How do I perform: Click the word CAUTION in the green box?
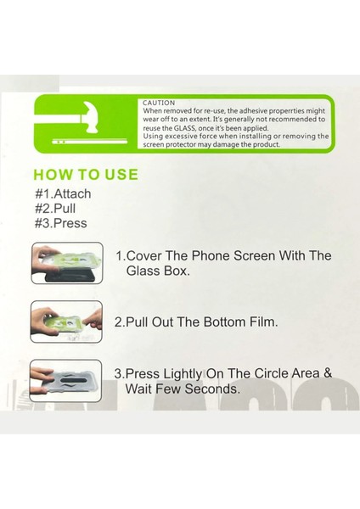coord(159,103)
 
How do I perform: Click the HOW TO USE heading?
coord(86,174)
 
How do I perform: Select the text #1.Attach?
coord(63,193)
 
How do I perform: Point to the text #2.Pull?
coord(55,209)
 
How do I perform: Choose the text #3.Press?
coord(61,223)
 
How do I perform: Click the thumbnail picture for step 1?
coord(67,263)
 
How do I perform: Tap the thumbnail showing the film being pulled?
coord(66,322)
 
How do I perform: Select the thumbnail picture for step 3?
coord(65,381)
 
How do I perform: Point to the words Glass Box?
coord(158,271)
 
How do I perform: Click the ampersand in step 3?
coord(328,373)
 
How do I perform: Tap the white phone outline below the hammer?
coord(90,142)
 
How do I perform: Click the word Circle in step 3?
coord(271,373)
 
